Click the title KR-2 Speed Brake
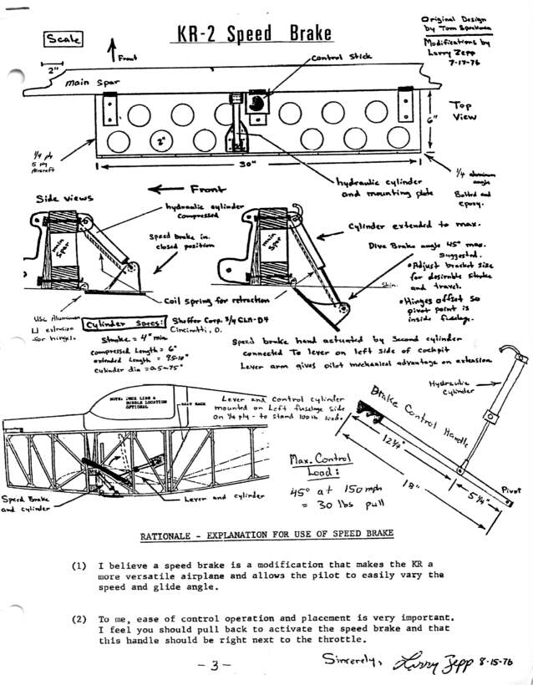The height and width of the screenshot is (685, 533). tap(255, 33)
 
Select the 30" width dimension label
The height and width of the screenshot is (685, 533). tap(246, 165)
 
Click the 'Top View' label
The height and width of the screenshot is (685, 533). tap(464, 112)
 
